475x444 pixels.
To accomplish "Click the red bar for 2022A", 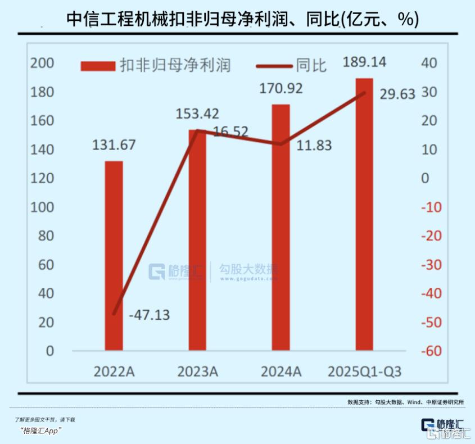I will coord(114,256).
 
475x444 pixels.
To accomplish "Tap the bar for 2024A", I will coord(281,227).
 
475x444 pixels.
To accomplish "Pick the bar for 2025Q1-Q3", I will coord(364,214).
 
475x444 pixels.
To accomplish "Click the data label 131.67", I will coord(114,145).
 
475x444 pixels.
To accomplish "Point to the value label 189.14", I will coord(364,62).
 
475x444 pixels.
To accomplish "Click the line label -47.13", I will coord(149,315).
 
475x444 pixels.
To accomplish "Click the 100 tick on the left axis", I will coord(42,207).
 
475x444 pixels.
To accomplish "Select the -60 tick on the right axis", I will coord(432,351).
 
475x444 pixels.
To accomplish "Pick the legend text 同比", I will coord(311,66).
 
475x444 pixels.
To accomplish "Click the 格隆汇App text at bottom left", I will coord(40,431).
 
